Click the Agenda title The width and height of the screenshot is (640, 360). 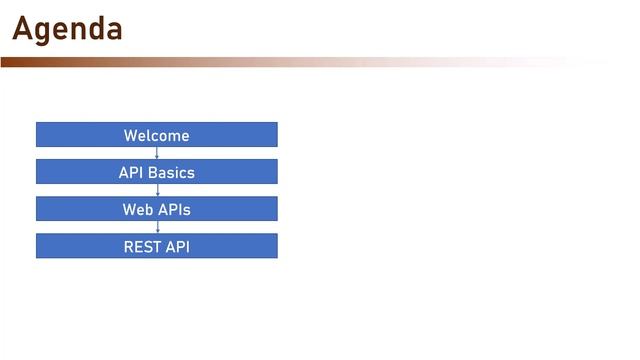(x=67, y=29)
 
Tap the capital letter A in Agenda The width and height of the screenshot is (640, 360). (x=23, y=29)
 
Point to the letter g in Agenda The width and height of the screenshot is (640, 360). (x=46, y=32)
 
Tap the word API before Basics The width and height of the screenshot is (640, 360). (x=131, y=173)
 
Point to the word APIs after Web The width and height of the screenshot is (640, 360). (x=174, y=210)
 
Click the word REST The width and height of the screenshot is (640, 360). (x=141, y=247)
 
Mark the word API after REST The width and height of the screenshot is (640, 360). (x=176, y=247)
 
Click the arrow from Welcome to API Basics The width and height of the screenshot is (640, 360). (x=157, y=153)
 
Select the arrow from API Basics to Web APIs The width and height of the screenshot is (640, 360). (x=157, y=190)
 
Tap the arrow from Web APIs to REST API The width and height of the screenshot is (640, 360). (x=157, y=227)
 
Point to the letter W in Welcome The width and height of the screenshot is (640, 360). (x=130, y=136)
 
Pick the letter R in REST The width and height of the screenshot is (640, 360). (x=129, y=247)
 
